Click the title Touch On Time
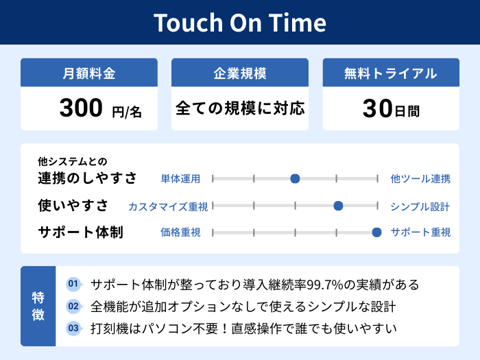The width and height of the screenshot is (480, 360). [x=240, y=23]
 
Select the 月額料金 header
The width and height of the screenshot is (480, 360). [x=89, y=73]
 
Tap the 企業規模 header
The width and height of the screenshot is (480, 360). [x=240, y=73]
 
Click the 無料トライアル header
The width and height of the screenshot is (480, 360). [x=391, y=73]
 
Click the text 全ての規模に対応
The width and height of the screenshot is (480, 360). [x=240, y=108]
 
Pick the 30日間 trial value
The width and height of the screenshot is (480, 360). [x=391, y=108]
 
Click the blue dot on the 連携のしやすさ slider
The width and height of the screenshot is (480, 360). [x=295, y=179]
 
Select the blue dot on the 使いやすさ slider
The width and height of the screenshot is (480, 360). [x=338, y=206]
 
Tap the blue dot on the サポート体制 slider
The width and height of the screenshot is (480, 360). [x=376, y=232]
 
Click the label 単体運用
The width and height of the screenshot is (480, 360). [x=180, y=179]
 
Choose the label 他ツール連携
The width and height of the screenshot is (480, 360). [x=420, y=179]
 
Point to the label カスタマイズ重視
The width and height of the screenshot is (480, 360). [x=168, y=206]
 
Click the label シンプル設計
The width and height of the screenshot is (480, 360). [x=420, y=206]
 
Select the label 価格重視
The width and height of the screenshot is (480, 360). [x=180, y=232]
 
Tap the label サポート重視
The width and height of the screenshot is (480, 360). [x=420, y=232]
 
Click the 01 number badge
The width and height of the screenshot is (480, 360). [x=73, y=284]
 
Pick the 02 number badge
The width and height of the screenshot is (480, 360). [x=73, y=306]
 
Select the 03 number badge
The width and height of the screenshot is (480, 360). [x=73, y=328]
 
